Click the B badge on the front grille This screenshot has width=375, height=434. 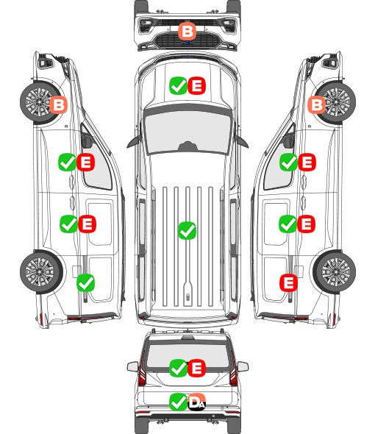(x=187, y=32)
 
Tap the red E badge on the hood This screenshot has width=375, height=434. (x=197, y=86)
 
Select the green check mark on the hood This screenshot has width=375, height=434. (x=178, y=86)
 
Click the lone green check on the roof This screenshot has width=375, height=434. (x=187, y=230)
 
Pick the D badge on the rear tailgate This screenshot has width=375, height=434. (x=197, y=402)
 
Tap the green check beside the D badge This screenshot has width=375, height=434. (x=178, y=402)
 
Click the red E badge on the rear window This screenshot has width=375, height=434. (x=197, y=368)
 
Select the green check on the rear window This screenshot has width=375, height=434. (x=178, y=368)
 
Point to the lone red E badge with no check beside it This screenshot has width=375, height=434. (x=288, y=282)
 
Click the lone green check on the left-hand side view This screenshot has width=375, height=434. (x=85, y=282)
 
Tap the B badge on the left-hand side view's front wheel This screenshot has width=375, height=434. (x=58, y=104)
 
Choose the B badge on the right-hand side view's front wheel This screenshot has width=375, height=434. (x=317, y=104)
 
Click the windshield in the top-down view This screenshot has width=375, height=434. (x=187, y=132)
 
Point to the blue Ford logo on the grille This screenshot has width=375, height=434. (x=187, y=43)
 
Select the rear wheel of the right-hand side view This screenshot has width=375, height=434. (x=335, y=272)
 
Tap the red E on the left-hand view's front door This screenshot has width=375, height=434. (x=86, y=162)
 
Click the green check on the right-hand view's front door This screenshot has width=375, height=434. (x=288, y=162)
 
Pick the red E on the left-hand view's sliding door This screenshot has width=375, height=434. (x=87, y=224)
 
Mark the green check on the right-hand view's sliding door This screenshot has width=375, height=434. (x=287, y=224)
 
